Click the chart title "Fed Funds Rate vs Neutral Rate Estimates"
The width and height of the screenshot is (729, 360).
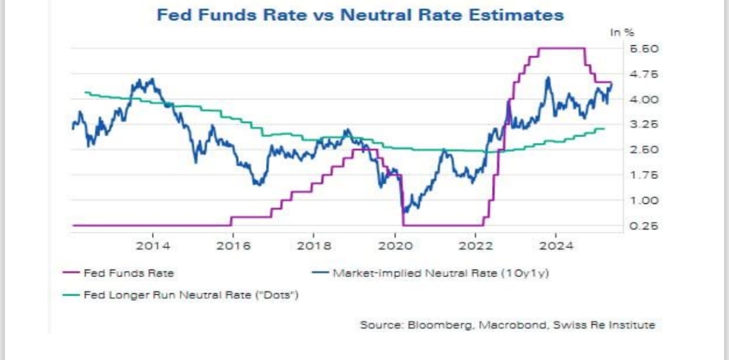tap(360, 15)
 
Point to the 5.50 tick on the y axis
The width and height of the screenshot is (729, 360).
tap(644, 49)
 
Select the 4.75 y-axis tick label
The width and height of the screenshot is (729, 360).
tap(644, 74)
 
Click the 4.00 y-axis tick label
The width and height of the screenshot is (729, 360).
tap(644, 99)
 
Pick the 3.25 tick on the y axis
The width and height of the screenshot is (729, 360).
tap(644, 124)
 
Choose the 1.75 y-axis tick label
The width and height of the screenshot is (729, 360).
tap(644, 175)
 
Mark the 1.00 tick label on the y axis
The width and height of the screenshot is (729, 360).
tap(644, 201)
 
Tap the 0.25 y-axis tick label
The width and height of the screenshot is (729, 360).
tap(644, 226)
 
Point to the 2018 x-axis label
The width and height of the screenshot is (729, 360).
tap(314, 245)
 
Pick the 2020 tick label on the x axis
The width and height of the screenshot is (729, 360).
tap(395, 245)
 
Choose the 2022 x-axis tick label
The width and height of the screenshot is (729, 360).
tap(476, 245)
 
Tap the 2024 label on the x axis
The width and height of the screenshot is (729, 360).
tap(556, 245)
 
